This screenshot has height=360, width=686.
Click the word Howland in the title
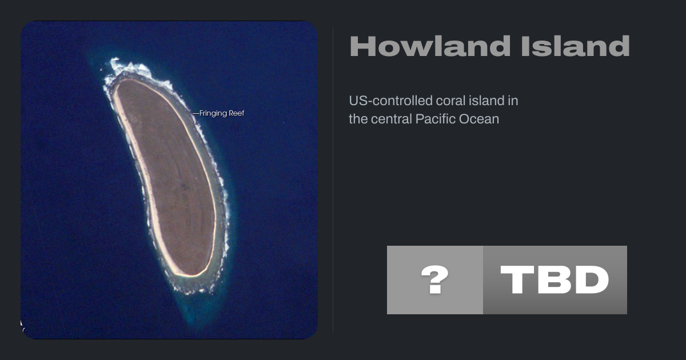pyautogui.click(x=430, y=46)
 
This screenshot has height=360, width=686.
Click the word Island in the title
pyautogui.click(x=576, y=46)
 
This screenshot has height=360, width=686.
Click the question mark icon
pyautogui.click(x=435, y=280)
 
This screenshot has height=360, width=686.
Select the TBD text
pyautogui.click(x=555, y=280)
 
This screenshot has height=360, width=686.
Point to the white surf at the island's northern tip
pyautogui.click(x=129, y=68)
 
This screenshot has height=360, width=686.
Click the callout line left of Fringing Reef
pyautogui.click(x=196, y=114)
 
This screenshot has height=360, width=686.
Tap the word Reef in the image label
pyautogui.click(x=237, y=113)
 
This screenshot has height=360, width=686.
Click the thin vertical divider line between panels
pyautogui.click(x=333, y=180)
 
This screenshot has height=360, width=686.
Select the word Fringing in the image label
pyautogui.click(x=213, y=114)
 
